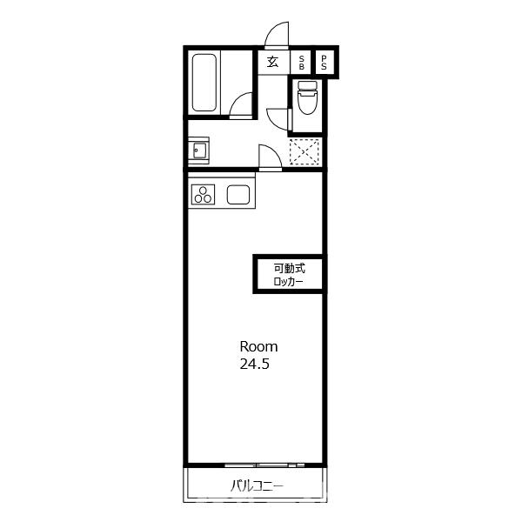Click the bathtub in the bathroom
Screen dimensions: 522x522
click(x=204, y=83)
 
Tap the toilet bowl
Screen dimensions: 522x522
click(x=307, y=103)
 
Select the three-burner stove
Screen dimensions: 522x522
click(x=203, y=194)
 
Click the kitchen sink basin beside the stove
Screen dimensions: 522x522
click(x=238, y=194)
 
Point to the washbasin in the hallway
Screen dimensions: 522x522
click(x=200, y=151)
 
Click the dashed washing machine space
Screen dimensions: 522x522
click(x=304, y=151)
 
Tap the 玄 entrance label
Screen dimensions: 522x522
click(x=272, y=63)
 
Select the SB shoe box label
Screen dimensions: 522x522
click(x=302, y=63)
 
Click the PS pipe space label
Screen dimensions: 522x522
click(x=324, y=63)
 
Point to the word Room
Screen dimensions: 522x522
click(x=258, y=347)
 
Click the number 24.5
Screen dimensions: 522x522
click(x=254, y=364)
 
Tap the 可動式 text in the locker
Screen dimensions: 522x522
click(x=290, y=268)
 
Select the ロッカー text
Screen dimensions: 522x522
click(x=288, y=282)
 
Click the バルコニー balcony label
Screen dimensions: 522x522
click(x=257, y=486)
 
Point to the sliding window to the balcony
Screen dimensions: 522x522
click(x=264, y=465)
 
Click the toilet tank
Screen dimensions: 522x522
click(x=307, y=85)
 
